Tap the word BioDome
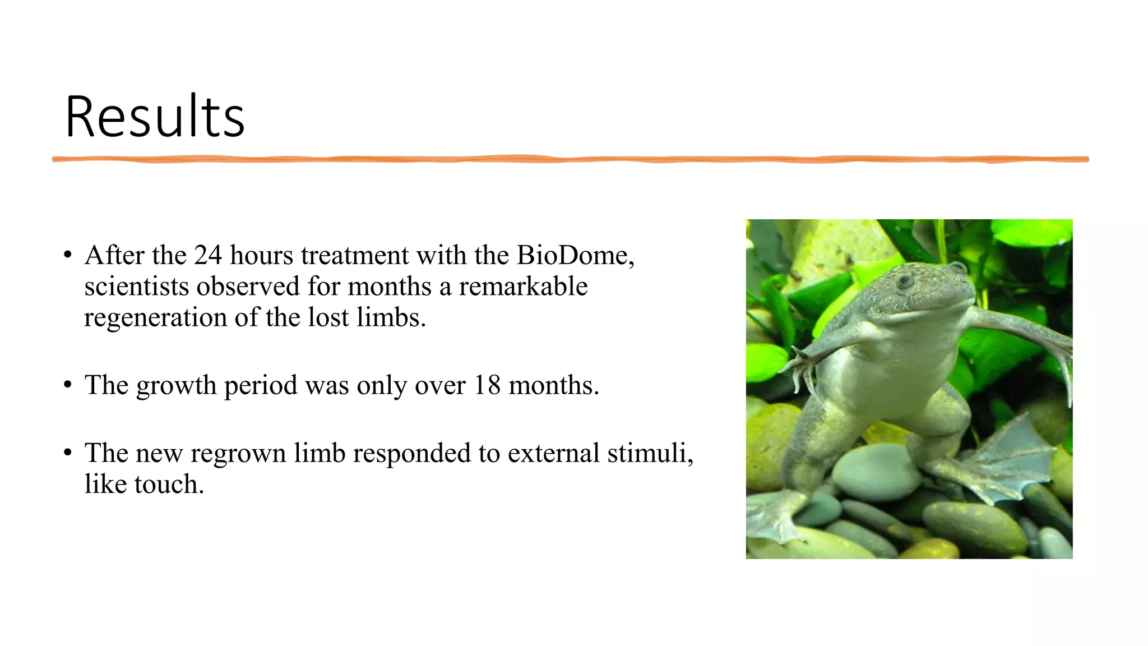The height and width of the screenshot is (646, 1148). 575,256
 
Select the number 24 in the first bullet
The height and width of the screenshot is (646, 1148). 208,256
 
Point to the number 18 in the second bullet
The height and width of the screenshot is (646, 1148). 487,385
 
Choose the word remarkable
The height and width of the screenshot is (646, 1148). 523,287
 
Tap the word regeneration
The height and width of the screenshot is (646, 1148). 155,319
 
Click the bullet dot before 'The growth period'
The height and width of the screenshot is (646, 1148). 68,385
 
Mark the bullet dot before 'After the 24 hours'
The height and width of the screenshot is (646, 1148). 68,256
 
